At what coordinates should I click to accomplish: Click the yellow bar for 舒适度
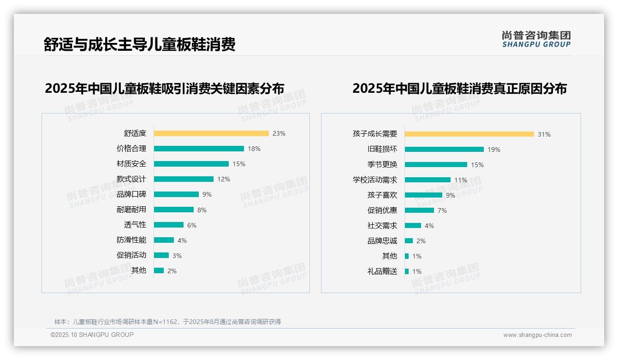[x=211, y=133]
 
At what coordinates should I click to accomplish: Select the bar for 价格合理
[x=199, y=149]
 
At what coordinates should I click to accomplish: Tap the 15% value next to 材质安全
[x=239, y=164]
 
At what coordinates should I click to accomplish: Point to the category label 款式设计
[x=131, y=179]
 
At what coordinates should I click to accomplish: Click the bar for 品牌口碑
[x=176, y=194]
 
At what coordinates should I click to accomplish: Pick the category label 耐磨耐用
[x=131, y=210]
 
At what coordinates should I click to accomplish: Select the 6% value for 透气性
[x=192, y=225]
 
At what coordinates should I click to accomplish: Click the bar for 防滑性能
[x=164, y=240]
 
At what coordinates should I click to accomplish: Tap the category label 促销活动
[x=131, y=255]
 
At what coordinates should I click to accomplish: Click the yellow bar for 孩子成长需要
[x=469, y=134]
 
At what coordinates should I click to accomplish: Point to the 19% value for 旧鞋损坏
[x=494, y=150]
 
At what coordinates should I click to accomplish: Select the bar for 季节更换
[x=436, y=165]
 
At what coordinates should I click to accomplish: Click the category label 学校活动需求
[x=375, y=180]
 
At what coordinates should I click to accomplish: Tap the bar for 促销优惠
[x=419, y=210]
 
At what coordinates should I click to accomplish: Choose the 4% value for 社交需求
[x=429, y=226]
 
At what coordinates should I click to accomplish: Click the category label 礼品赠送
[x=382, y=271]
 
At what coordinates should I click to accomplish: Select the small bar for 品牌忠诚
[x=409, y=241]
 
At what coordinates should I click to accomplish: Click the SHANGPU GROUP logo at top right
[x=536, y=39]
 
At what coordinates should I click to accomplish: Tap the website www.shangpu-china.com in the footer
[x=537, y=335]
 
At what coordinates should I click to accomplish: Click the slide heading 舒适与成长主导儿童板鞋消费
[x=140, y=44]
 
